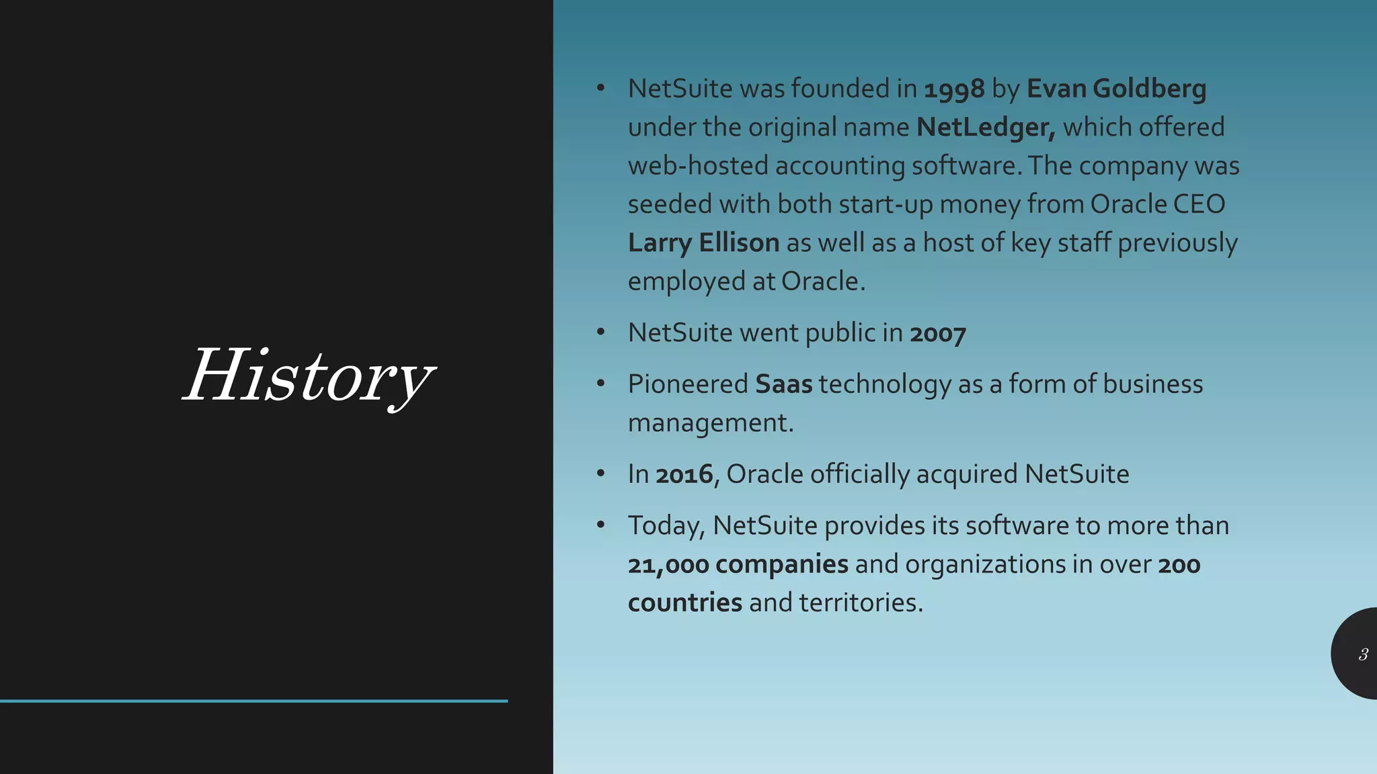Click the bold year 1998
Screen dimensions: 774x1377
954,89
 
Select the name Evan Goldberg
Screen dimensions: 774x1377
1116,89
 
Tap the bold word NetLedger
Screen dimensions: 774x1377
985,128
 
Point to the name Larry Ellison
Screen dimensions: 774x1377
703,243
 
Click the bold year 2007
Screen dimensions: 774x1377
938,334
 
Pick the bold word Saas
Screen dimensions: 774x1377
783,385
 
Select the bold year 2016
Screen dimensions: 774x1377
684,475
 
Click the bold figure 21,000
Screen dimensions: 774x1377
668,565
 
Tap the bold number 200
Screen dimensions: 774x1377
1179,565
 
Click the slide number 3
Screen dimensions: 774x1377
1363,654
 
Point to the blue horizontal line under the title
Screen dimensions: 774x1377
253,701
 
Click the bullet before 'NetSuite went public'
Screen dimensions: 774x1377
601,333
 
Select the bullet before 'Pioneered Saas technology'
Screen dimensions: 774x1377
601,384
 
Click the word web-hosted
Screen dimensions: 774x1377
698,166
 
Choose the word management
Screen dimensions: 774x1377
710,423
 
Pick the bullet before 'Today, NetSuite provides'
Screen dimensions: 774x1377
601,525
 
